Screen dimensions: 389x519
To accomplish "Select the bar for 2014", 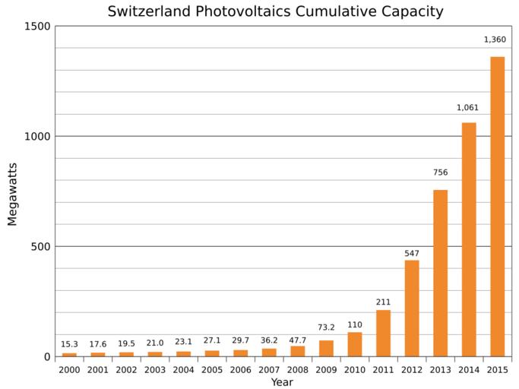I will [x=469, y=239].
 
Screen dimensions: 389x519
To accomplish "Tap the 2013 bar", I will [x=440, y=273].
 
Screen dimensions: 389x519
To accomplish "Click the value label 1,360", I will [x=495, y=40].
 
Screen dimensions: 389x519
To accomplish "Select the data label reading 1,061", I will [x=467, y=108].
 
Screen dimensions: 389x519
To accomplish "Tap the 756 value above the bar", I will [x=440, y=172].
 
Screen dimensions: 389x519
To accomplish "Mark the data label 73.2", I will [x=326, y=327].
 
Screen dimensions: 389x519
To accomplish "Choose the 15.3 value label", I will [x=69, y=344].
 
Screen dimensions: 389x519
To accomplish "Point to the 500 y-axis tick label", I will [x=41, y=247].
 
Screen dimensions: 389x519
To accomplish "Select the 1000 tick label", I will [x=38, y=137].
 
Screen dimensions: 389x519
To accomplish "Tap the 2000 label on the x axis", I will [x=69, y=369].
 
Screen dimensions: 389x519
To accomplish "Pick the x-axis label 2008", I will [x=297, y=369].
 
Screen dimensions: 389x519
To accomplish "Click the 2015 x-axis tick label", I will [x=497, y=369].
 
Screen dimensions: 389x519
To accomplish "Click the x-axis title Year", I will [x=282, y=382].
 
